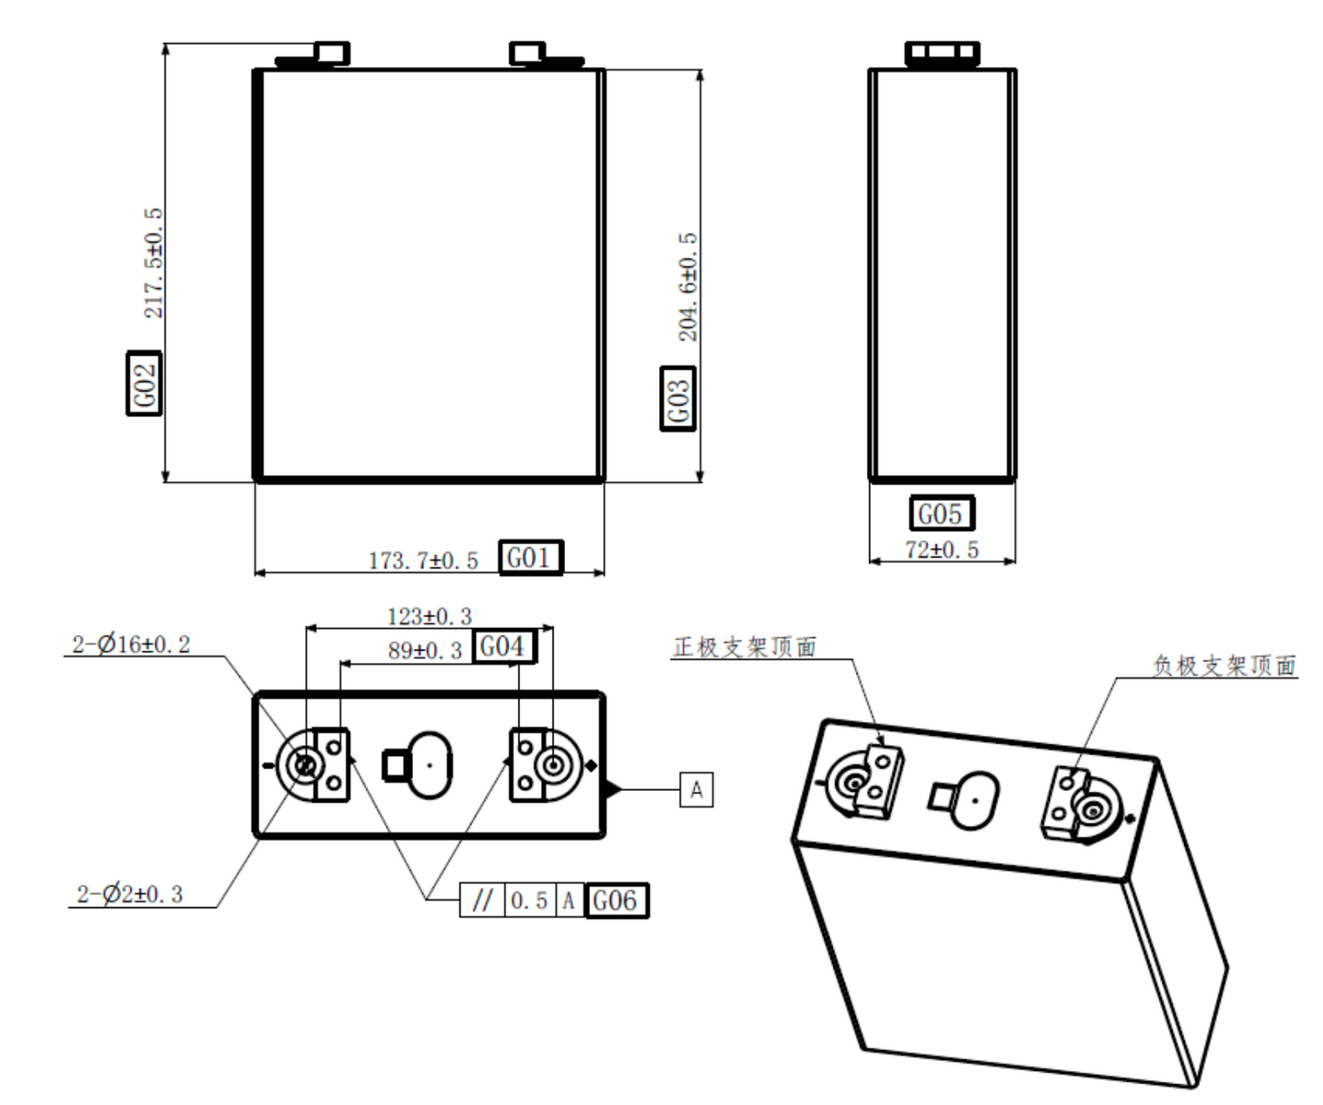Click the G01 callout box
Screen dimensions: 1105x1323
[x=530, y=558]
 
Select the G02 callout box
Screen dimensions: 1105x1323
[x=144, y=383]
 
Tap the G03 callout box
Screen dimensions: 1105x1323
[x=678, y=397]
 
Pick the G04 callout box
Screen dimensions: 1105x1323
[x=503, y=646]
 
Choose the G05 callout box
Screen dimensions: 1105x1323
[x=941, y=514]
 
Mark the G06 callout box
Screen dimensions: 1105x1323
[x=615, y=901]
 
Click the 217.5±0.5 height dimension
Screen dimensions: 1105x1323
[x=152, y=263]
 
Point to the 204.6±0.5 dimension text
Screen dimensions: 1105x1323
[x=687, y=287]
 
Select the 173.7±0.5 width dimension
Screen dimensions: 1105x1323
[x=423, y=560]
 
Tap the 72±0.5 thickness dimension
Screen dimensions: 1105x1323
[x=941, y=549]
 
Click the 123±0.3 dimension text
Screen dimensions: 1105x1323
[x=429, y=616]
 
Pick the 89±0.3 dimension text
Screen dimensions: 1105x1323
[x=425, y=651]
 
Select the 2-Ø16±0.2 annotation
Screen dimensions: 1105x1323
[x=131, y=645]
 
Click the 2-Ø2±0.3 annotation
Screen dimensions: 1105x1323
[x=129, y=894]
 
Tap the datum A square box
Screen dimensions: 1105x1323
[x=696, y=789]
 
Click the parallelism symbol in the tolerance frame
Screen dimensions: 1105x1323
[x=482, y=901]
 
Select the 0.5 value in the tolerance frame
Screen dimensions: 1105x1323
[x=529, y=901]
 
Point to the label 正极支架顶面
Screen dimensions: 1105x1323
[x=744, y=647]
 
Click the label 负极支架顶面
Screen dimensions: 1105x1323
[x=1224, y=666]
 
